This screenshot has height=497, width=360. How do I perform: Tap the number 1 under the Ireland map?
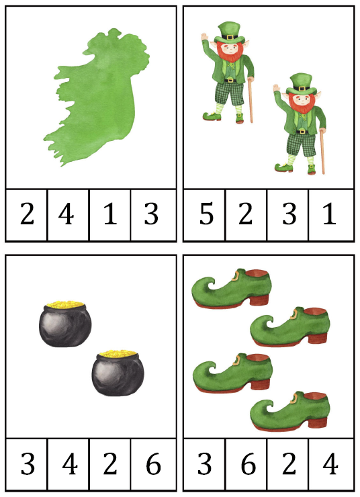pos(110,214)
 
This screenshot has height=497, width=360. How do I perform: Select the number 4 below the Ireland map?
pos(66,214)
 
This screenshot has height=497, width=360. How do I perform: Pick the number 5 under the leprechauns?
pos(206,214)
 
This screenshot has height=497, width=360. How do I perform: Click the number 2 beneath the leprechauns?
pos(245,214)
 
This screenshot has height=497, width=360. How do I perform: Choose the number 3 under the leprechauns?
pos(289,214)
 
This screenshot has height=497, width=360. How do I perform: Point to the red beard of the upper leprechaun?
pos(233,54)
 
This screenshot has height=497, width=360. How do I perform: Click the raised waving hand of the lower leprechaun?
pos(276,88)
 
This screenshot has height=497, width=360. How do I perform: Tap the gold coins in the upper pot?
pos(65,304)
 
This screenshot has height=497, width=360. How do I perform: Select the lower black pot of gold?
pos(118,373)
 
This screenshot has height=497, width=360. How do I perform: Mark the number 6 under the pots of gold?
pos(153,463)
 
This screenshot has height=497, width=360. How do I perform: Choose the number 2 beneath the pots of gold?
pos(109,463)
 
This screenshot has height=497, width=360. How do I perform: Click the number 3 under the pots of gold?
pos(28,463)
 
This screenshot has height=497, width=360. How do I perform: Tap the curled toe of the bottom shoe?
pos(261,407)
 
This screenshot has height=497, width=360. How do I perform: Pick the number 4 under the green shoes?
pos(330,463)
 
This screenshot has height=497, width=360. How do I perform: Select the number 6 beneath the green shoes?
pos(248,463)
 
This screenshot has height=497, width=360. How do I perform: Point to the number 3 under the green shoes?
pos(204,463)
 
